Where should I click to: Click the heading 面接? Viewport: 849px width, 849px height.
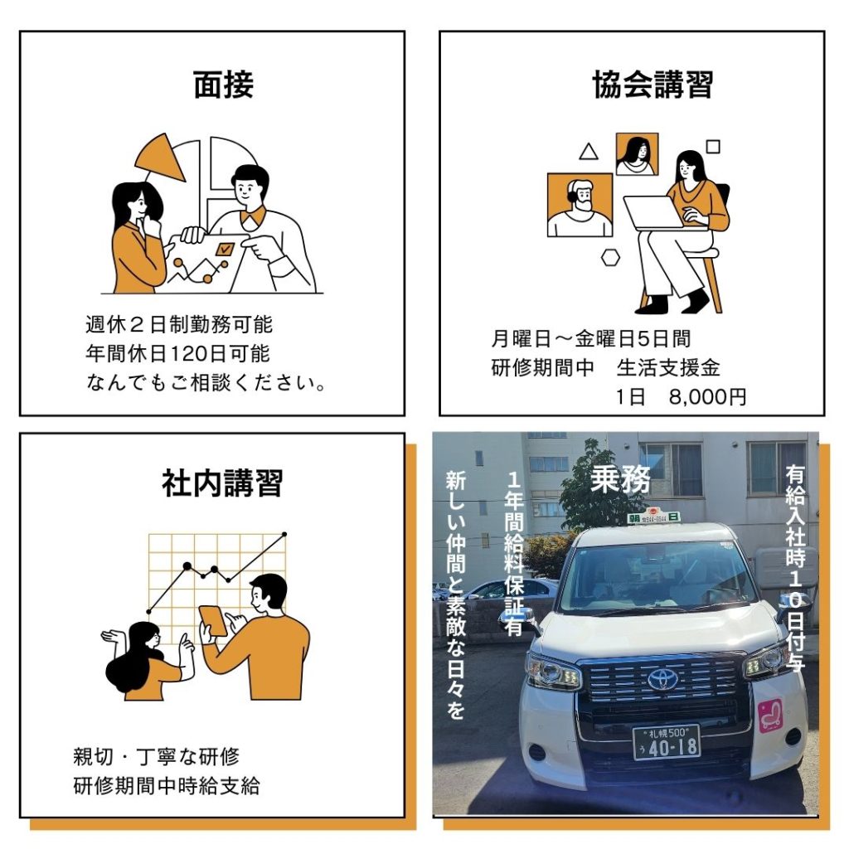224,85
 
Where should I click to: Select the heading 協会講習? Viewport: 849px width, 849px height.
653,85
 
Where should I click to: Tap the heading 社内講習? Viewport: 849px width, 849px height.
222,483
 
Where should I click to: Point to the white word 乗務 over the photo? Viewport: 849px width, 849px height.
620,479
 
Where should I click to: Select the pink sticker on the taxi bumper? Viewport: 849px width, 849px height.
770,715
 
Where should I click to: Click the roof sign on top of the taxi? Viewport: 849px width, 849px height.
654,515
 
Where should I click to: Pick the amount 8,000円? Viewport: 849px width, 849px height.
707,397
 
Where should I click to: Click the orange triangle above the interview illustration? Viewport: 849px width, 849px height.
161,159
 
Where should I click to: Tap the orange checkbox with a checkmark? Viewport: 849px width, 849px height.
224,249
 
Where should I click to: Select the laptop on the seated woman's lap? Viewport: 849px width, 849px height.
654,213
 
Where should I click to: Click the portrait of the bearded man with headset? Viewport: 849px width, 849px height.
580,206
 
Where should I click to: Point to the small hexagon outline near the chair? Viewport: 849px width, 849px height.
610,258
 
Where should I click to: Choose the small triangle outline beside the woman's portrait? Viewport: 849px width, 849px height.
589,152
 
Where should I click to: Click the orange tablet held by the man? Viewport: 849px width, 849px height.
213,620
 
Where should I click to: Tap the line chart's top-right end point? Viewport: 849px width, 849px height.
285,535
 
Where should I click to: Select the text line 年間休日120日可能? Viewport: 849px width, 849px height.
177,353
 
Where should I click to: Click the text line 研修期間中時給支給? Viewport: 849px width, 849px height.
167,786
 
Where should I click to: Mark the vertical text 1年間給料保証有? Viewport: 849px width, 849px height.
514,553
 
